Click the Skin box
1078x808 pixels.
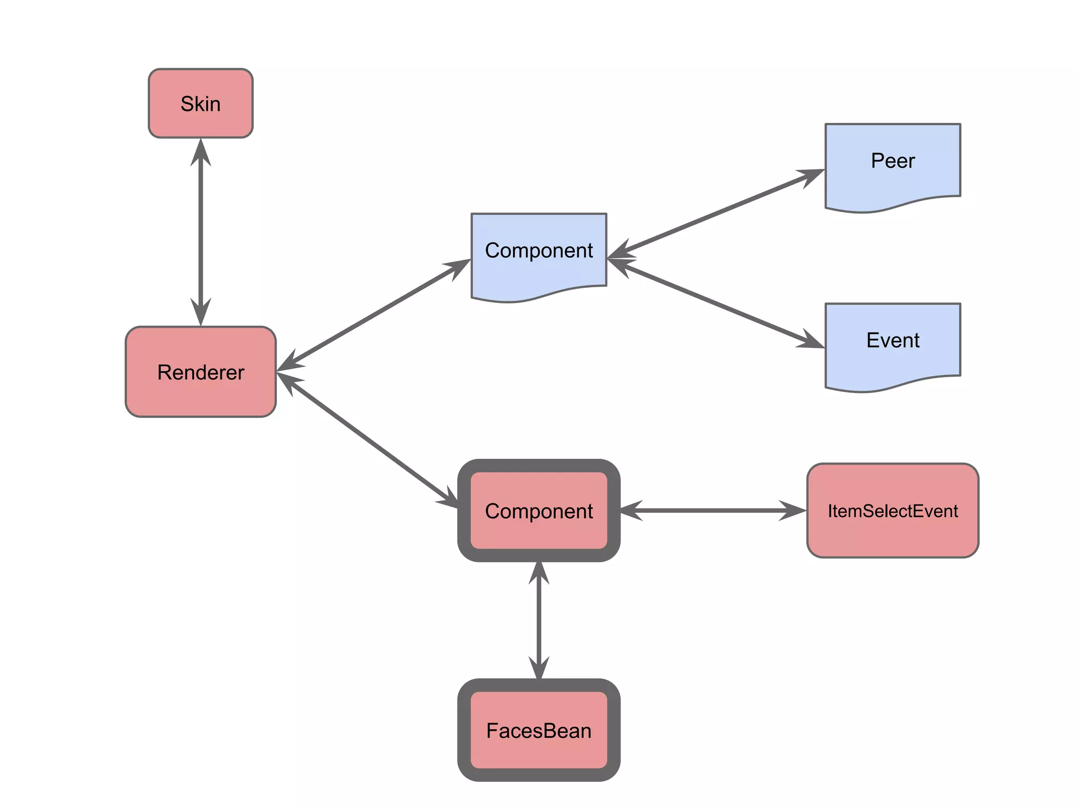tap(201, 104)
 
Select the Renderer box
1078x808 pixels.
tap(201, 372)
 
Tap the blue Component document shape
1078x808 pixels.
tap(538, 251)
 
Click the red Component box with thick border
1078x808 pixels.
tap(538, 511)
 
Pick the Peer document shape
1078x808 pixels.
tap(893, 161)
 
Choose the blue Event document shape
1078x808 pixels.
tap(893, 341)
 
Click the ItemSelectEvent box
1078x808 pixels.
tap(893, 511)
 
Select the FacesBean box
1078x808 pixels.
tap(538, 730)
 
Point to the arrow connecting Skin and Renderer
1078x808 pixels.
tap(201, 231)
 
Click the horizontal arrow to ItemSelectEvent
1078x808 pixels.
tap(713, 510)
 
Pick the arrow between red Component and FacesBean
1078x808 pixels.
tap(538, 621)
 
